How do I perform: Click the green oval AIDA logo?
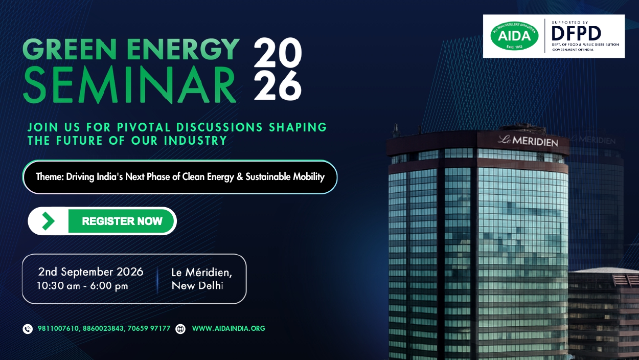tap(514, 36)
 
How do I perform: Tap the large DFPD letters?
tap(576, 33)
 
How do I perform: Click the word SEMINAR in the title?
tap(130, 84)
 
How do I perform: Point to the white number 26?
tap(278, 85)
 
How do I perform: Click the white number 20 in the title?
tap(278, 53)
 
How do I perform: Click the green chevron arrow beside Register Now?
tap(48, 221)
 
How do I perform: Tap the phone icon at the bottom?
tap(28, 329)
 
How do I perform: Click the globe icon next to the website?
tap(180, 329)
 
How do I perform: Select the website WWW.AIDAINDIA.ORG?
tap(229, 328)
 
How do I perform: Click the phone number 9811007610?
tap(58, 328)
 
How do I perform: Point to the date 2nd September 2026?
tap(90, 272)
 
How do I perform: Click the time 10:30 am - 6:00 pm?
tap(82, 286)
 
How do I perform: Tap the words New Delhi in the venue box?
tap(197, 285)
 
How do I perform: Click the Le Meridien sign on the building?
tap(528, 141)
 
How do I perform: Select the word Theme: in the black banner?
tap(50, 177)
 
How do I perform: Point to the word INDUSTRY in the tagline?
tap(195, 141)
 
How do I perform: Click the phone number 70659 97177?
tap(149, 328)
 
